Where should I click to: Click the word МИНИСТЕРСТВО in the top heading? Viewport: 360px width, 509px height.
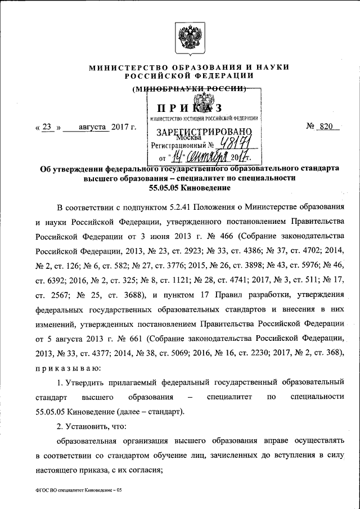click(127, 67)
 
